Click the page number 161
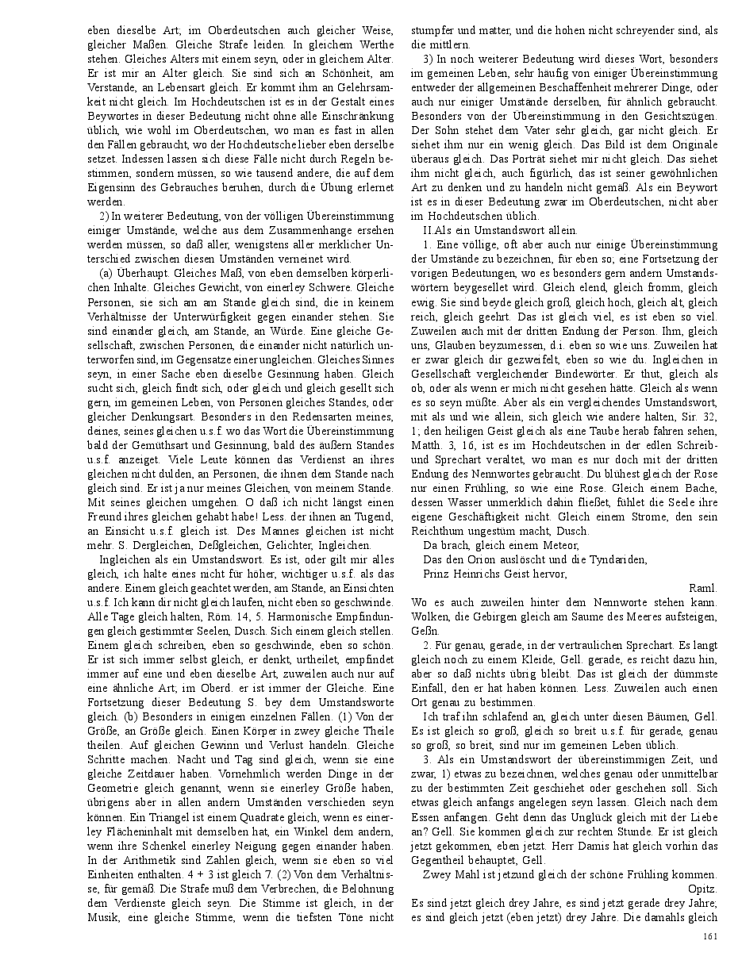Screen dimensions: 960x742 (710, 936)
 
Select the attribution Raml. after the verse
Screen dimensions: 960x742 (704, 588)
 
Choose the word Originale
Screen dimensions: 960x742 (689, 144)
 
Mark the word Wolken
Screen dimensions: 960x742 (429, 616)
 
